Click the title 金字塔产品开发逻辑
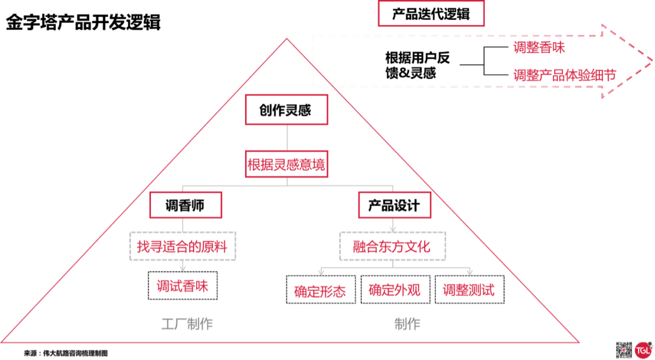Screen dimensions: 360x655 click(83, 23)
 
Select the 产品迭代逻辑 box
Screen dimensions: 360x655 click(431, 14)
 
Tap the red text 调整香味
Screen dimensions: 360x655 click(539, 48)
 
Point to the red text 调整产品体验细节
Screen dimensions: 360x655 click(564, 75)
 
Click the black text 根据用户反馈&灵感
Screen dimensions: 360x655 click(418, 65)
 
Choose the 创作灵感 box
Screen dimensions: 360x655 click(286, 110)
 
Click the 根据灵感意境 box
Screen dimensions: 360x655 click(286, 164)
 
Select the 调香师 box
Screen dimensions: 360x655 click(185, 205)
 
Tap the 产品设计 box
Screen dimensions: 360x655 click(394, 205)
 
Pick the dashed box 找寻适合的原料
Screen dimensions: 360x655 click(183, 247)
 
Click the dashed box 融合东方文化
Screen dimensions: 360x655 click(392, 246)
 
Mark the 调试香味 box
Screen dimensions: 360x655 click(183, 286)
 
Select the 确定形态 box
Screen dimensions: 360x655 click(320, 290)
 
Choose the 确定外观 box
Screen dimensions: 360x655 click(395, 290)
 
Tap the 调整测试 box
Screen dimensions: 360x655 click(469, 290)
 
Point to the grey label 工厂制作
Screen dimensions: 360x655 click(187, 324)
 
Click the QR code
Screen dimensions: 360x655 click(624, 350)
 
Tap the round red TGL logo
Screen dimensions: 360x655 click(643, 350)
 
